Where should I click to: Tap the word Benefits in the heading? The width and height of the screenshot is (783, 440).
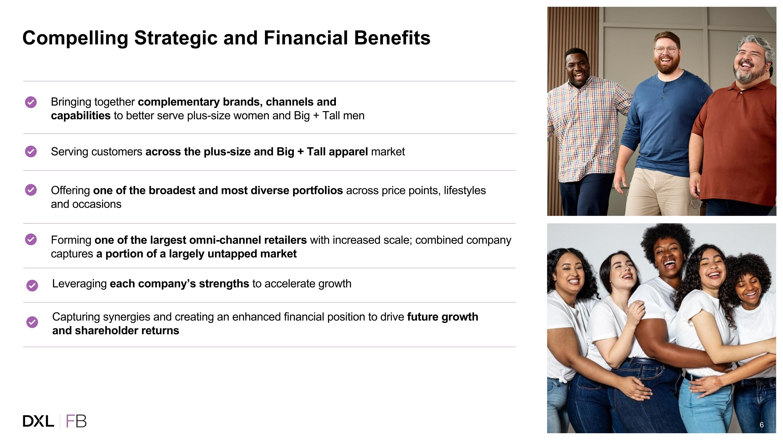[x=392, y=38]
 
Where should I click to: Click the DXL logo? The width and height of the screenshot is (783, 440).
[x=38, y=421]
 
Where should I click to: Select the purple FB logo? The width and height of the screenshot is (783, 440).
[x=76, y=421]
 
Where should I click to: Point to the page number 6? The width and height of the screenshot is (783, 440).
[x=761, y=425]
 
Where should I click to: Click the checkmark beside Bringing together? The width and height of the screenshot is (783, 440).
[x=31, y=102]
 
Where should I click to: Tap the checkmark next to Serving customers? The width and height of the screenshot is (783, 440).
[x=31, y=152]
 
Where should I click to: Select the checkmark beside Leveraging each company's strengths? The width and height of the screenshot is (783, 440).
[x=32, y=285]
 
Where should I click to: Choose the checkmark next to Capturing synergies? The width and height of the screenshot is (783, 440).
[x=32, y=322]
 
